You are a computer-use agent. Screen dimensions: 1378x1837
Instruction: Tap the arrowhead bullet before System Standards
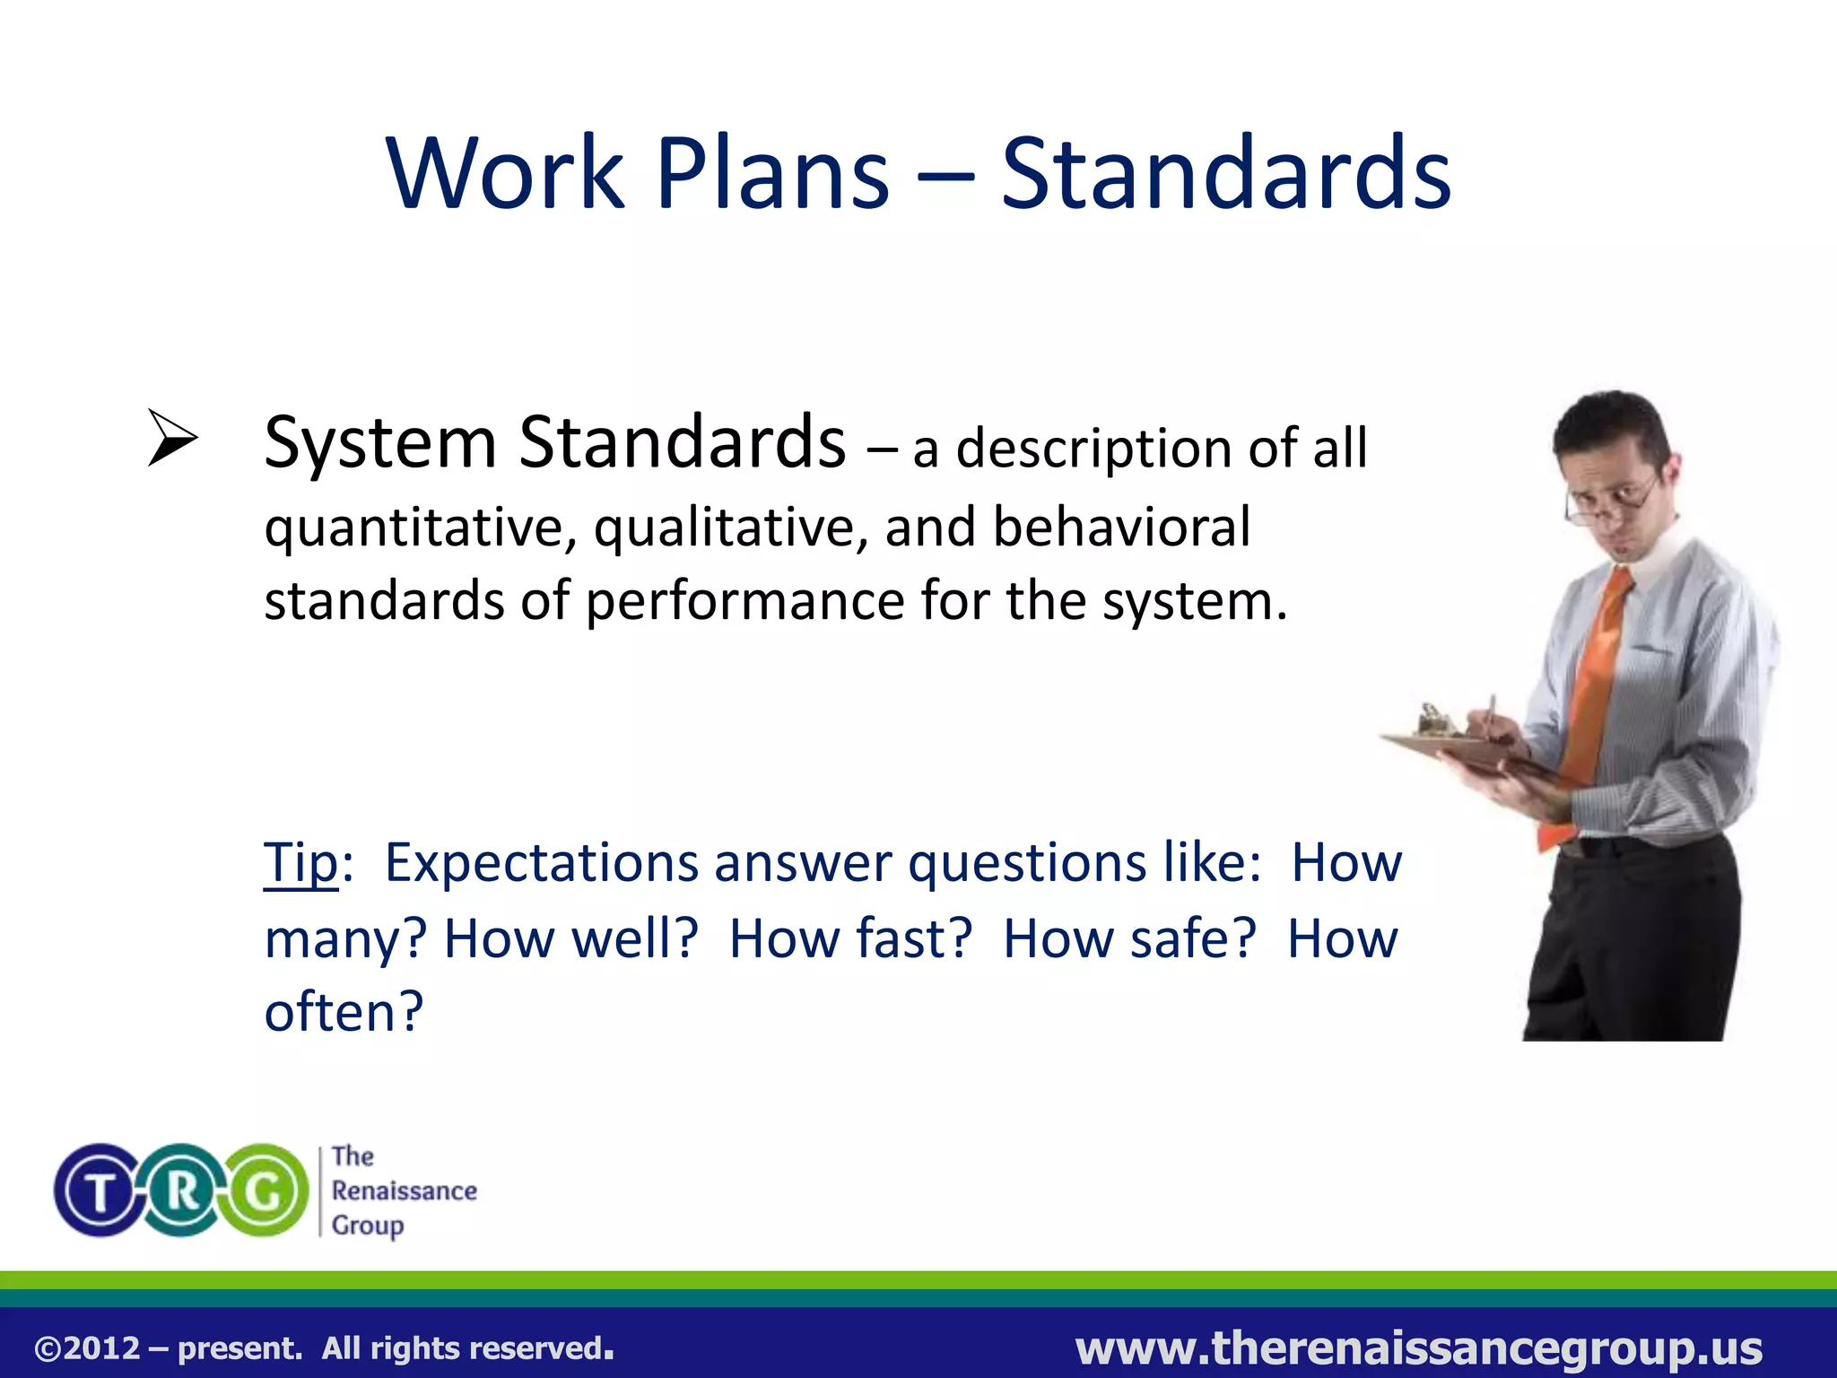(172, 438)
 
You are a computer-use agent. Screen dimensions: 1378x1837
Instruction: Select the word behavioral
(1120, 527)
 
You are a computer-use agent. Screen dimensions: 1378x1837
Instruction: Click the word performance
(744, 601)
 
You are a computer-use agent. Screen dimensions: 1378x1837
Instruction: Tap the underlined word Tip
(300, 864)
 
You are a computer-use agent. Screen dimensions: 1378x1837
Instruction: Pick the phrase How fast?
(849, 939)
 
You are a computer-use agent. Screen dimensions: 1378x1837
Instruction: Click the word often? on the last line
(343, 1012)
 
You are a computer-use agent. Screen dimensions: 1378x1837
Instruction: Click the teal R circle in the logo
(183, 1191)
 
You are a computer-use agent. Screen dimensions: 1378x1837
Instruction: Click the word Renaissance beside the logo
(404, 1191)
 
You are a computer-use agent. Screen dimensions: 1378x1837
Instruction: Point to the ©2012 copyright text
(87, 1348)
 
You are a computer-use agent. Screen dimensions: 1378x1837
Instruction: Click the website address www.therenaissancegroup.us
(1419, 1348)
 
